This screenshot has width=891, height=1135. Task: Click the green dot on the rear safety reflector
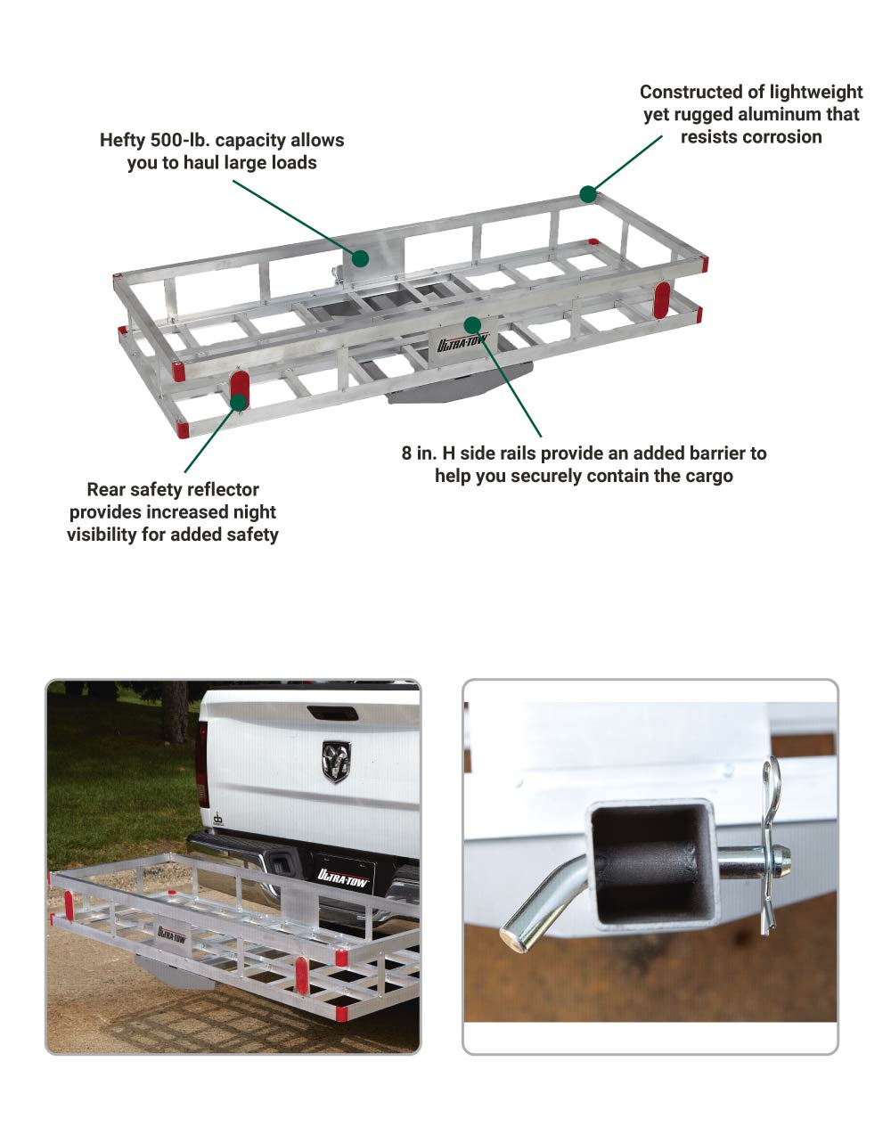[239, 402]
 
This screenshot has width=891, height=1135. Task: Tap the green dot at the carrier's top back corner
[588, 194]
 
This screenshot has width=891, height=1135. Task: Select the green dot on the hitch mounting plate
[360, 258]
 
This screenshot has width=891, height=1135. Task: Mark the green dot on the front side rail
[472, 324]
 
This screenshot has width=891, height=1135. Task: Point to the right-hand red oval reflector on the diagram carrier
[661, 301]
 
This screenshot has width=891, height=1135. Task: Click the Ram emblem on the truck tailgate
[336, 761]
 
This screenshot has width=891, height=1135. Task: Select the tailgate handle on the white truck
[333, 713]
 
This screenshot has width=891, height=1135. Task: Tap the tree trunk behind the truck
[176, 712]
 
